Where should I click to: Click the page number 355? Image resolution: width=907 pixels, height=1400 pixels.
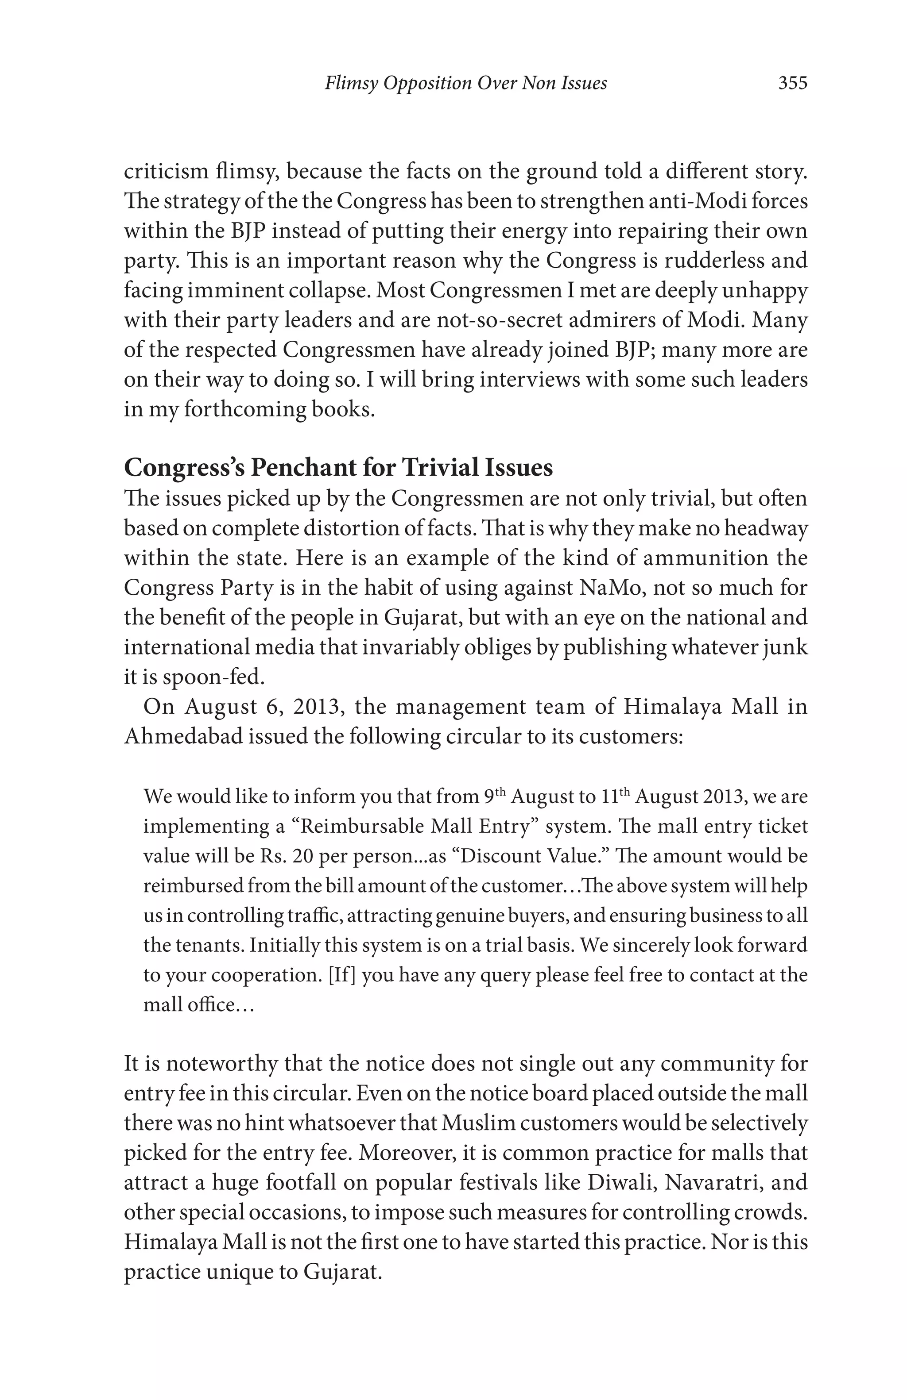792,83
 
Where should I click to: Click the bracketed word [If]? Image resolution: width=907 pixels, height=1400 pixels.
341,975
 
